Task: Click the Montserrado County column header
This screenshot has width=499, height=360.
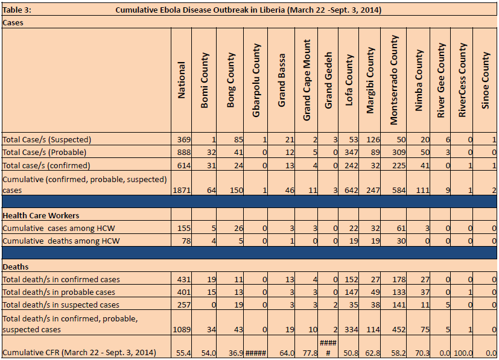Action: [394, 80]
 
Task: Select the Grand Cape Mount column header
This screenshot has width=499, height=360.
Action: [307, 80]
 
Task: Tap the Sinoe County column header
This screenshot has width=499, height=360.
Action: [485, 80]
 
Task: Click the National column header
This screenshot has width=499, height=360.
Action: [182, 80]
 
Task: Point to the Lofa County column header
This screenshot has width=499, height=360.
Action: [349, 80]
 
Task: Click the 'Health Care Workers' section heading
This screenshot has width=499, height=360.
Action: [41, 216]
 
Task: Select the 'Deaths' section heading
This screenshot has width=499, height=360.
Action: [16, 267]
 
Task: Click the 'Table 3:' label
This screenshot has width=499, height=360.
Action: [17, 10]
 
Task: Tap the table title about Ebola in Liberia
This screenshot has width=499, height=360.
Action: [248, 10]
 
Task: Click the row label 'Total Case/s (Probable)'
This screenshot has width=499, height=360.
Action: [44, 153]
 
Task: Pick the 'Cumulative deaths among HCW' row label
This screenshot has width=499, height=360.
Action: [61, 241]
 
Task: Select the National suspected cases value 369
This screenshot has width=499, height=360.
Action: [184, 140]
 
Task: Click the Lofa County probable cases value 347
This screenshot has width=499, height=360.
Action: [351, 153]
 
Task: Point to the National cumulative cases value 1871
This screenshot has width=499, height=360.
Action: [182, 190]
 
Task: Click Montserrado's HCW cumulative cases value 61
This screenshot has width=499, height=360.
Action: [401, 229]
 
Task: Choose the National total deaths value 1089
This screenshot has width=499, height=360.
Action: [182, 329]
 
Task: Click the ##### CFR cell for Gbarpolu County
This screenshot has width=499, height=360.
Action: [256, 353]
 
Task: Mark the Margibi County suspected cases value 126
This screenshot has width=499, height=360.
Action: [373, 140]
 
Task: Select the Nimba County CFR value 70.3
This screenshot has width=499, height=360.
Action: [422, 353]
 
